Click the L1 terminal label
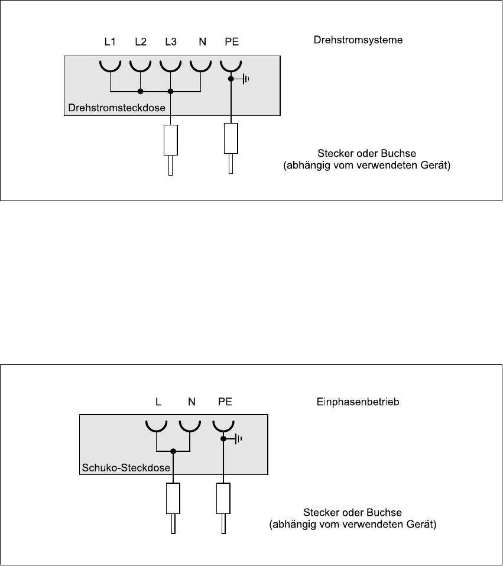110,42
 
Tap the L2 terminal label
140,42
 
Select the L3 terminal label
171,42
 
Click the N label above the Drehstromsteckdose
202,42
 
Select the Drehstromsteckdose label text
117,108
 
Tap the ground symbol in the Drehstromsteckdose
245,78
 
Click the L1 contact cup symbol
110,65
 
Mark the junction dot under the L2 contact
140,92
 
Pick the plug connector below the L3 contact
171,140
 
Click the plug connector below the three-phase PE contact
230,139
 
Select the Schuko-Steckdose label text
125,468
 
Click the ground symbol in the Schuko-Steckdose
238,439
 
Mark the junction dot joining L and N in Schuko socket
173,451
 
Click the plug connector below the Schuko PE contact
223,499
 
